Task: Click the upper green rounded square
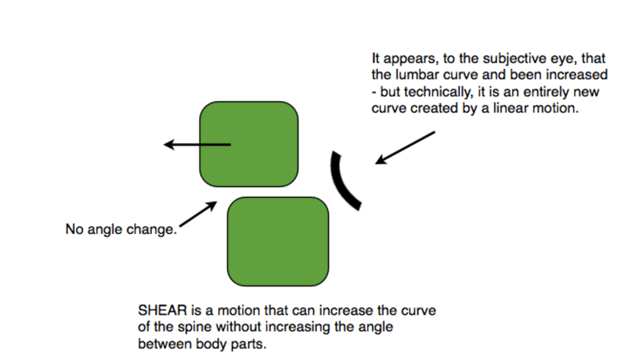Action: point(249,144)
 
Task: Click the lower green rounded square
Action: point(278,241)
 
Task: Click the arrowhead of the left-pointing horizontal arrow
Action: point(169,144)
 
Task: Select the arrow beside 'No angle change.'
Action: point(198,214)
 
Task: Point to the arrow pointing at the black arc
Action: point(405,148)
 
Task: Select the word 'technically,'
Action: point(439,92)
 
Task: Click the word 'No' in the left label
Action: point(74,229)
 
